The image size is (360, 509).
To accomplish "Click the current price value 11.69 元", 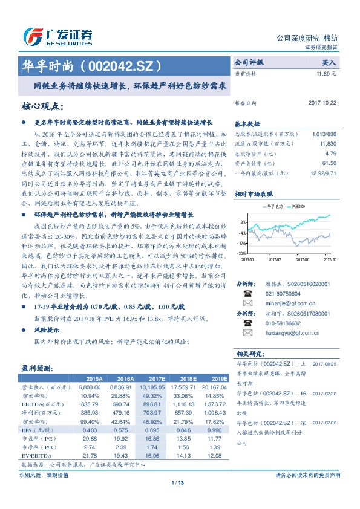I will tap(327, 74).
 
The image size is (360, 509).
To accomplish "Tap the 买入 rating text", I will tap(329, 62).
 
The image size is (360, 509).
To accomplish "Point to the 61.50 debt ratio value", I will tap(329, 163).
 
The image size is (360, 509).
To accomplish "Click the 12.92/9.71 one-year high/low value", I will tap(323, 172).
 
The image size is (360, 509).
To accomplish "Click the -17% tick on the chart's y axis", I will tap(241, 243).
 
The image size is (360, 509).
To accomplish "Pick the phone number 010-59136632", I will tap(280, 323).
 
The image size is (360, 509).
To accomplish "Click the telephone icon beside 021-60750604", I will tap(247, 291).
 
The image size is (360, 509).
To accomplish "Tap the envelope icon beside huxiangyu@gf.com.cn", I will tap(247, 333).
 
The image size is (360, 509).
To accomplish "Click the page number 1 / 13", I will tap(177, 482).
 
